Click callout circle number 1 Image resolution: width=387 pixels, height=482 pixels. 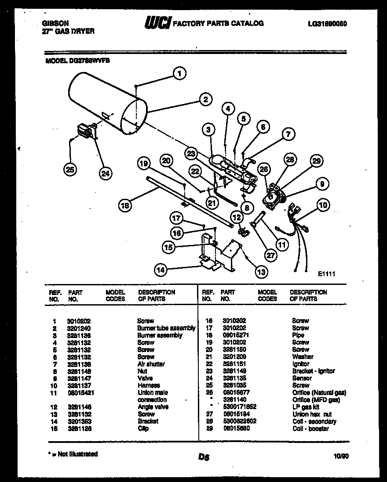tap(179, 74)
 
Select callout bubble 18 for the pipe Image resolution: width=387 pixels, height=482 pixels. tap(125, 204)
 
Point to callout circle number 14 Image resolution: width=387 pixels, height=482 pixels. tap(161, 270)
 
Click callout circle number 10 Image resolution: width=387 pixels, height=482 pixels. tap(323, 205)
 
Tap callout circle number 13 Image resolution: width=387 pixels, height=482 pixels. tap(261, 272)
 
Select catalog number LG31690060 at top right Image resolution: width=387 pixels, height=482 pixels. tap(328, 24)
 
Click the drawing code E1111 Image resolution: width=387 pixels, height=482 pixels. tap(327, 273)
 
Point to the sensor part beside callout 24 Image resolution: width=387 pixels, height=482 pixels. tap(87, 131)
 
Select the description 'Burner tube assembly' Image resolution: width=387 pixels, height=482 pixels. tap(166, 328)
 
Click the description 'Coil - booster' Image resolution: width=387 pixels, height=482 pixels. tap(310, 428)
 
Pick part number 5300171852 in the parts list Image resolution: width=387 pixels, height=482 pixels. tap(239, 407)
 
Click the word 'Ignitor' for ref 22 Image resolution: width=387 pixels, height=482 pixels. tap(300, 364)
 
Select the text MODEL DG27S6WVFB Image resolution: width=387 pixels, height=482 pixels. tap(77, 62)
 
